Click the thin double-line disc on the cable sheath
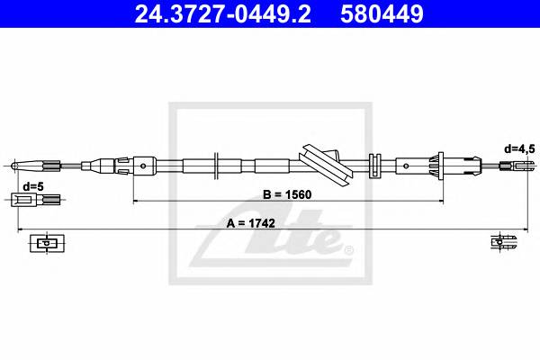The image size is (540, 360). coord(217,165)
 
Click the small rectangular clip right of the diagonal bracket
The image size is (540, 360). coord(377,165)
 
